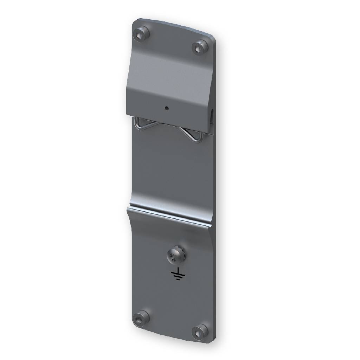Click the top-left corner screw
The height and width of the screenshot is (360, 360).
coord(141,33)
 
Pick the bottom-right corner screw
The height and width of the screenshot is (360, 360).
coord(200,332)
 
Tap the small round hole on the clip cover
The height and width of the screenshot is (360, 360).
coord(167,108)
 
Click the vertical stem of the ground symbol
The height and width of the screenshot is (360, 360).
coord(178,270)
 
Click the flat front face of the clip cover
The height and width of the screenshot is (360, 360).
coord(169,84)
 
